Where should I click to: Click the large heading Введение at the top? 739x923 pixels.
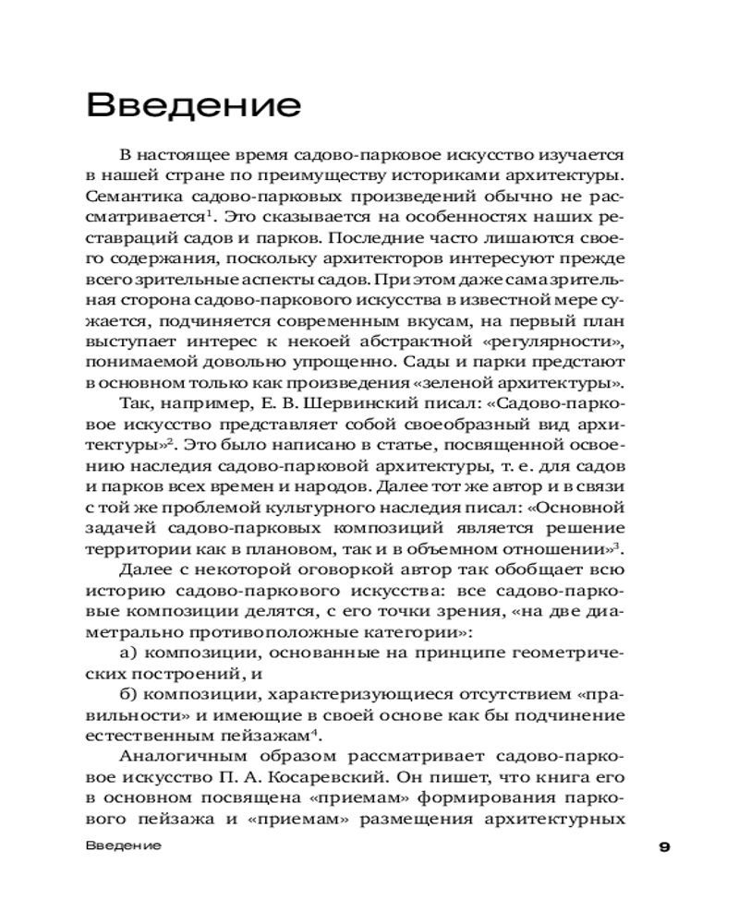tap(193, 104)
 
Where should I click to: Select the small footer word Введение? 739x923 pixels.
tap(122, 845)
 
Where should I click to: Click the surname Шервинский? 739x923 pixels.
tap(359, 402)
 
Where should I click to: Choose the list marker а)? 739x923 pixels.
tap(130, 653)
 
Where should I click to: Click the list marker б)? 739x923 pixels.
tap(130, 695)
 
